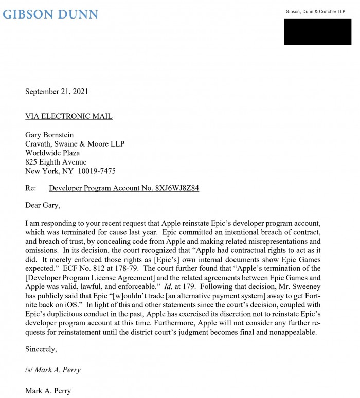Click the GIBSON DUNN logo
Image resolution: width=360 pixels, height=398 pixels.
coord(50,14)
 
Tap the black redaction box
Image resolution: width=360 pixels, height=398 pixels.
coord(317,32)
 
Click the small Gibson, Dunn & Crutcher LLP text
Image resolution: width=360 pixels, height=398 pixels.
coord(315,12)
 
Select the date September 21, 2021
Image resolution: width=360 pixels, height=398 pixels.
coord(57,92)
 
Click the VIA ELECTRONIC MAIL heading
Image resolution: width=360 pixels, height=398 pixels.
coord(69,117)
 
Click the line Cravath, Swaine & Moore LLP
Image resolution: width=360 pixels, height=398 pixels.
coord(75,144)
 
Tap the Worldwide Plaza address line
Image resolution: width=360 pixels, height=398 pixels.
coord(52,153)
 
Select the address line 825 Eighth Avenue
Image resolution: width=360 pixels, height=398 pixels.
coord(56,162)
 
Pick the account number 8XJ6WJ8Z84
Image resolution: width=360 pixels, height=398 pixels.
coord(177,188)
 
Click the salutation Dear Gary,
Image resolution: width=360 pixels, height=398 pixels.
coord(43,206)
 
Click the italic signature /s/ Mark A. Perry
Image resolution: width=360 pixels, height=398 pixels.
coord(53,370)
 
